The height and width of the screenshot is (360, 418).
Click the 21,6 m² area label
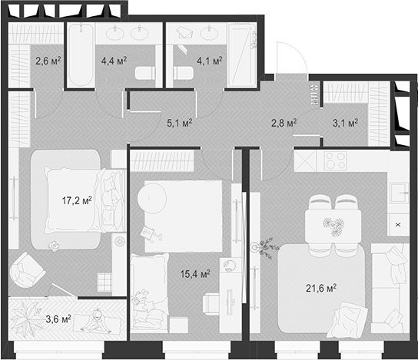321,288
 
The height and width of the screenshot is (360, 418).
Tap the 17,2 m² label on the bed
76,200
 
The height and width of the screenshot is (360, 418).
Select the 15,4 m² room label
194,274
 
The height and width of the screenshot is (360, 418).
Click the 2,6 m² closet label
48,59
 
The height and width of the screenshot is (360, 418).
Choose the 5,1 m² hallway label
178,121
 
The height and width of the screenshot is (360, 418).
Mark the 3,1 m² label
346,121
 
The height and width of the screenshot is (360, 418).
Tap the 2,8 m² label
284,121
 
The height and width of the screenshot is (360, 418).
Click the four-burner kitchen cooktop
336,161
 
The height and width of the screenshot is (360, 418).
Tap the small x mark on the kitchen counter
397,224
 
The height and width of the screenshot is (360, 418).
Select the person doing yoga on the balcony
97,319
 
